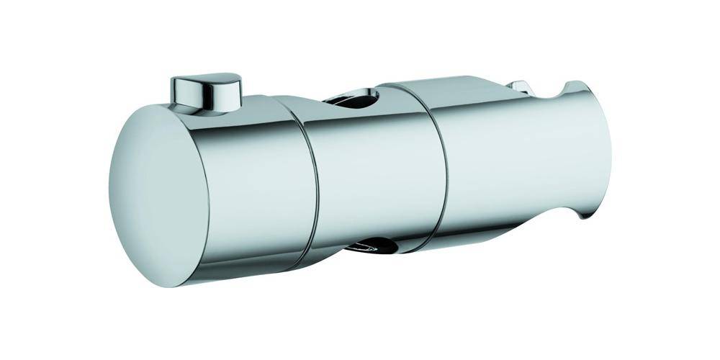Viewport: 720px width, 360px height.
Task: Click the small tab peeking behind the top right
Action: tap(519, 87)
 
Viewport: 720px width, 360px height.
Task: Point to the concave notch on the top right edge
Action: tap(565, 90)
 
